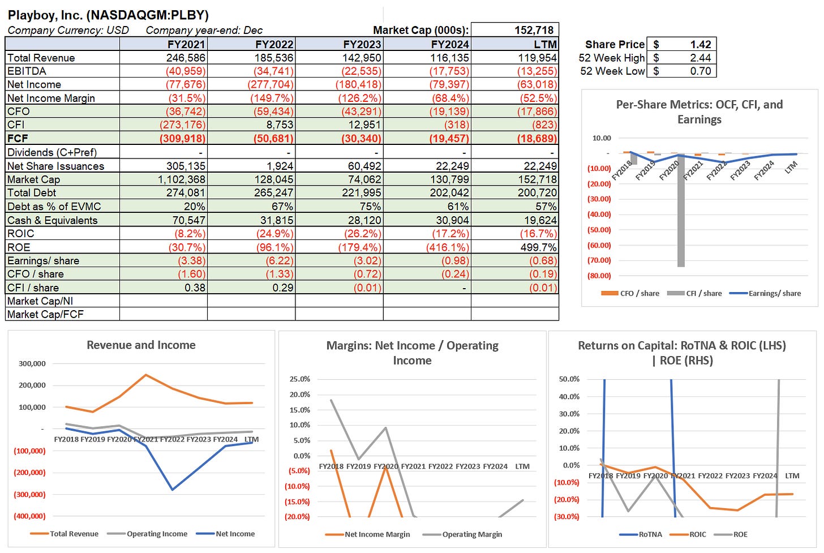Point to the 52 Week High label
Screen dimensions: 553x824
[611, 58]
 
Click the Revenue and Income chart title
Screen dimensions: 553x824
[141, 345]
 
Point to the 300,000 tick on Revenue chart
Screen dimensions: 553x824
[32, 364]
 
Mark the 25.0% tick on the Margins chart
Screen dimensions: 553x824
[299, 379]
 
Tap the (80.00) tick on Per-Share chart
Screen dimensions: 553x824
[599, 276]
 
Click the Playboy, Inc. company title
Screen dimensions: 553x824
[108, 15]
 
